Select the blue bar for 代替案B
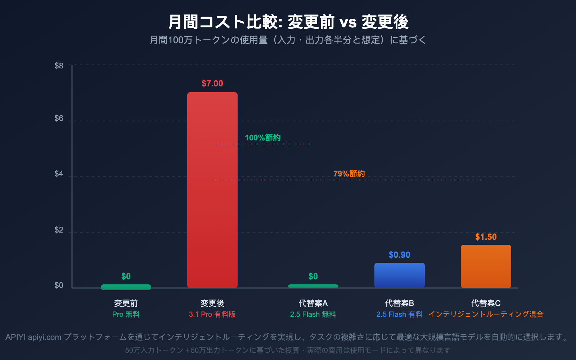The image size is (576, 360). pyautogui.click(x=400, y=275)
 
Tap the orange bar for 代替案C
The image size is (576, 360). pyautogui.click(x=486, y=266)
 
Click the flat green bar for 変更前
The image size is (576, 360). pyautogui.click(x=126, y=287)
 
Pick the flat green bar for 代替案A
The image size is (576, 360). pyautogui.click(x=313, y=286)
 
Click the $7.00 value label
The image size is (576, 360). pyautogui.click(x=212, y=84)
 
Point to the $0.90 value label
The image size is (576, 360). pyautogui.click(x=400, y=255)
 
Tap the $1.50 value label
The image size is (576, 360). pyautogui.click(x=486, y=237)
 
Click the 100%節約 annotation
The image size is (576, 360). pyautogui.click(x=263, y=138)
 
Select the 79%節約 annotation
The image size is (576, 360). pyautogui.click(x=349, y=174)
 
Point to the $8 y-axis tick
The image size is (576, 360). pyautogui.click(x=59, y=66)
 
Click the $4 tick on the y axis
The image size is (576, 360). pyautogui.click(x=59, y=174)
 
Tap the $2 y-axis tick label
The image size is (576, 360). pyautogui.click(x=59, y=230)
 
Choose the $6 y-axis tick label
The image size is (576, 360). pyautogui.click(x=59, y=118)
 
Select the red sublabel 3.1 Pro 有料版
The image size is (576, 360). pyautogui.click(x=212, y=314)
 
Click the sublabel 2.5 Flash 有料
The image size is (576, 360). pyautogui.click(x=400, y=314)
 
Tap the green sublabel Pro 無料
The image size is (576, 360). pyautogui.click(x=126, y=314)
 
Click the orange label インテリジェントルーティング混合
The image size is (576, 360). pyautogui.click(x=486, y=314)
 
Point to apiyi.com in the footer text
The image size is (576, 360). pyautogui.click(x=45, y=337)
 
